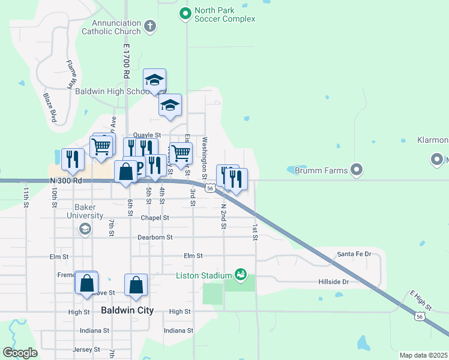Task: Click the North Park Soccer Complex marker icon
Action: tap(185, 13)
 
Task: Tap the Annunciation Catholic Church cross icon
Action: tap(150, 26)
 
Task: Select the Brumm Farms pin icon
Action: tap(357, 170)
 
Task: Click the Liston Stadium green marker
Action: tap(241, 275)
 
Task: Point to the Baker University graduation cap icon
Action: tap(85, 229)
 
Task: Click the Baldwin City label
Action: tap(127, 311)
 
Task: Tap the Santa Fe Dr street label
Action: tap(354, 254)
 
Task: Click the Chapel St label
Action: tap(155, 218)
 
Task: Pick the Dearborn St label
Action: tap(155, 237)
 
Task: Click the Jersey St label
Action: tap(86, 349)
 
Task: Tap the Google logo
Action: tap(20, 353)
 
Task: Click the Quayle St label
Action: tap(147, 135)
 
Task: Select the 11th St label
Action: tap(26, 197)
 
